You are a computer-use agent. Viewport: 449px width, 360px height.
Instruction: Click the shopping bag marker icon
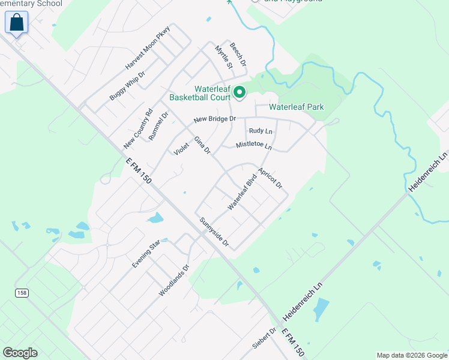click(x=17, y=23)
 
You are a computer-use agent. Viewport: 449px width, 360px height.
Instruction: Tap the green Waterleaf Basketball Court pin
click(x=239, y=92)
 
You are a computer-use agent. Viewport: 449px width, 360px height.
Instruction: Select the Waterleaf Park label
click(x=296, y=107)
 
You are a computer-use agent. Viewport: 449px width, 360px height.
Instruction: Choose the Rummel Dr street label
click(x=159, y=125)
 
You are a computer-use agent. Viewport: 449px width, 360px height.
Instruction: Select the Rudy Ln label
click(x=261, y=131)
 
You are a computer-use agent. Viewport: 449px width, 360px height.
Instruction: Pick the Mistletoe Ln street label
click(x=254, y=145)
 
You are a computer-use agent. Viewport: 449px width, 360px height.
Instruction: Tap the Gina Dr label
click(x=202, y=146)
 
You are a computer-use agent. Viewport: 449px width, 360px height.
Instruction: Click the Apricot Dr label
click(x=271, y=178)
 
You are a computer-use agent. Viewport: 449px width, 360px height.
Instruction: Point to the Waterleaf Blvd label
click(x=243, y=191)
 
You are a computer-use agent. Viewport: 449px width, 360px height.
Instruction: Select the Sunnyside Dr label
click(x=215, y=232)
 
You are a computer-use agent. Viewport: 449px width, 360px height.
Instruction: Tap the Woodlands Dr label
click(x=174, y=280)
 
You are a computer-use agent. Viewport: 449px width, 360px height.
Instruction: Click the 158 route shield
click(x=21, y=292)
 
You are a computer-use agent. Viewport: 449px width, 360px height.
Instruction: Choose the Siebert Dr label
click(x=264, y=338)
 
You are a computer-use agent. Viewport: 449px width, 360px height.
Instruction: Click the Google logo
click(x=20, y=353)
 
